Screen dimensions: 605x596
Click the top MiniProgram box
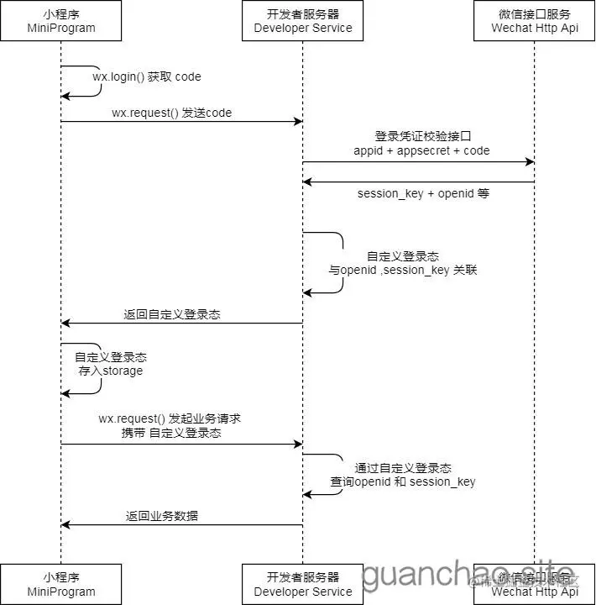(60, 21)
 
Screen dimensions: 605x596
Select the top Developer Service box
(303, 21)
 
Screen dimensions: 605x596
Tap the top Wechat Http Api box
(535, 21)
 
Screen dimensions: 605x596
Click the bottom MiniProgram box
(60, 584)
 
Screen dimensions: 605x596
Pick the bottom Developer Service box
(303, 584)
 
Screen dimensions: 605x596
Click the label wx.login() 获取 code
(147, 77)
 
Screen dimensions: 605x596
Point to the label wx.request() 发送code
(171, 113)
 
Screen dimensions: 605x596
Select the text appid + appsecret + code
(421, 150)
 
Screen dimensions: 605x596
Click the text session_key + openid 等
(423, 194)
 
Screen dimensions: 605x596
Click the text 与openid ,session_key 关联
(403, 271)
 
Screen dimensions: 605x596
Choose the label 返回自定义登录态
(172, 314)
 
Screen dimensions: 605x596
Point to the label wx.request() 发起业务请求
(170, 418)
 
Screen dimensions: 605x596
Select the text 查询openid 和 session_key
(403, 481)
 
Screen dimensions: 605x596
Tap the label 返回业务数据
(162, 516)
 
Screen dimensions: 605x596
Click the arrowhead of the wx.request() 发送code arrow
(298, 122)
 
